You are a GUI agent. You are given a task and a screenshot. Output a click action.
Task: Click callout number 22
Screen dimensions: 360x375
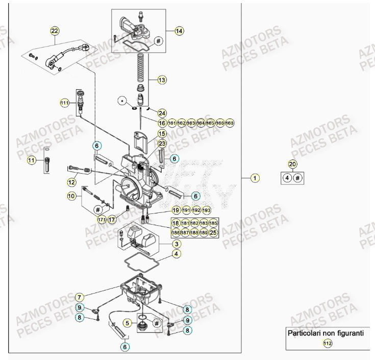(55, 31)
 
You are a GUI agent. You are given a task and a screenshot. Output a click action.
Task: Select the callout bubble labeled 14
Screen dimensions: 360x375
(179, 31)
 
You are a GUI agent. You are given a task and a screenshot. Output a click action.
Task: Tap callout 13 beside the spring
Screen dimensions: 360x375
(162, 80)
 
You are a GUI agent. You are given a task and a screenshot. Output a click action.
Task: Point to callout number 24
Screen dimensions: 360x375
(162, 113)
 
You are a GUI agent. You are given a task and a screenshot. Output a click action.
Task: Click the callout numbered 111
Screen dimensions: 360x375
(64, 103)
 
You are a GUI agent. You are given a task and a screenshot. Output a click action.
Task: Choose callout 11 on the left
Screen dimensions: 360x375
(32, 161)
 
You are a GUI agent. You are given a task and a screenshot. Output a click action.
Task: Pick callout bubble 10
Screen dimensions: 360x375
(72, 196)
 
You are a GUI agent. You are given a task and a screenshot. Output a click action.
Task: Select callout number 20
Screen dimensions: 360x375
(292, 164)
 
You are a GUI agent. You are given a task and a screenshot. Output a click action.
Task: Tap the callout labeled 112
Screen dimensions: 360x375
(327, 344)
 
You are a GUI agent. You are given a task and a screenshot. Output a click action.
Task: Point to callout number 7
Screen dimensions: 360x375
(79, 297)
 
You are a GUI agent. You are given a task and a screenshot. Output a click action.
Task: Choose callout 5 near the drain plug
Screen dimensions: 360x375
(129, 323)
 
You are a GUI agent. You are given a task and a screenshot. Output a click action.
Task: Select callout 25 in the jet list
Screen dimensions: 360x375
(213, 232)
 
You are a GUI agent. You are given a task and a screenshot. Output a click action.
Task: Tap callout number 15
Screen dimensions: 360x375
(162, 133)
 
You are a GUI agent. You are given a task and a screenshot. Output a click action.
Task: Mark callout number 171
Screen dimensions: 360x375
(102, 219)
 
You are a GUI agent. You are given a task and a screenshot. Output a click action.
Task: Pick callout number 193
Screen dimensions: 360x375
(206, 210)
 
